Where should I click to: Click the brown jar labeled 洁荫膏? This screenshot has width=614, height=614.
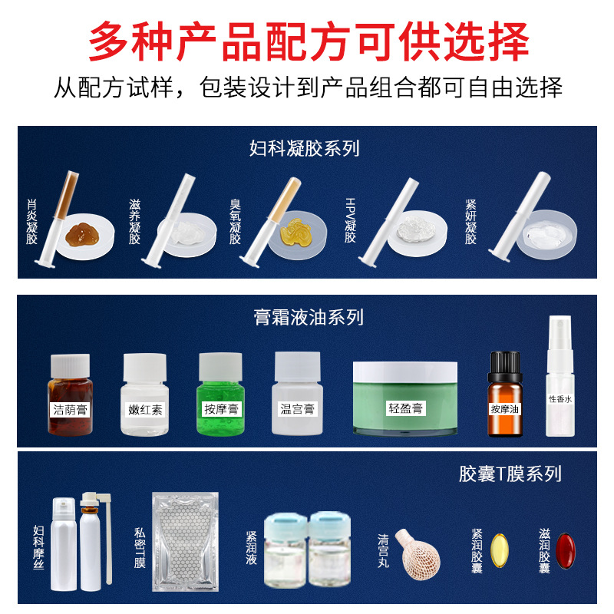tap(70, 395)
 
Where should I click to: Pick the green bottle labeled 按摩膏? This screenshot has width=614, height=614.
tap(220, 396)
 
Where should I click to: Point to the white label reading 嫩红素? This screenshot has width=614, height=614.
tap(145, 409)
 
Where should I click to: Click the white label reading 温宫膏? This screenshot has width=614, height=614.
tap(296, 408)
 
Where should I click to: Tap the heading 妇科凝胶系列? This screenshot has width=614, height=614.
tap(305, 148)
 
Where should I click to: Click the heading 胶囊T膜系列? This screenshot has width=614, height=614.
tap(510, 474)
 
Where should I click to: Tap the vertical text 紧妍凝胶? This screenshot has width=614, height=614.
tap(471, 222)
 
